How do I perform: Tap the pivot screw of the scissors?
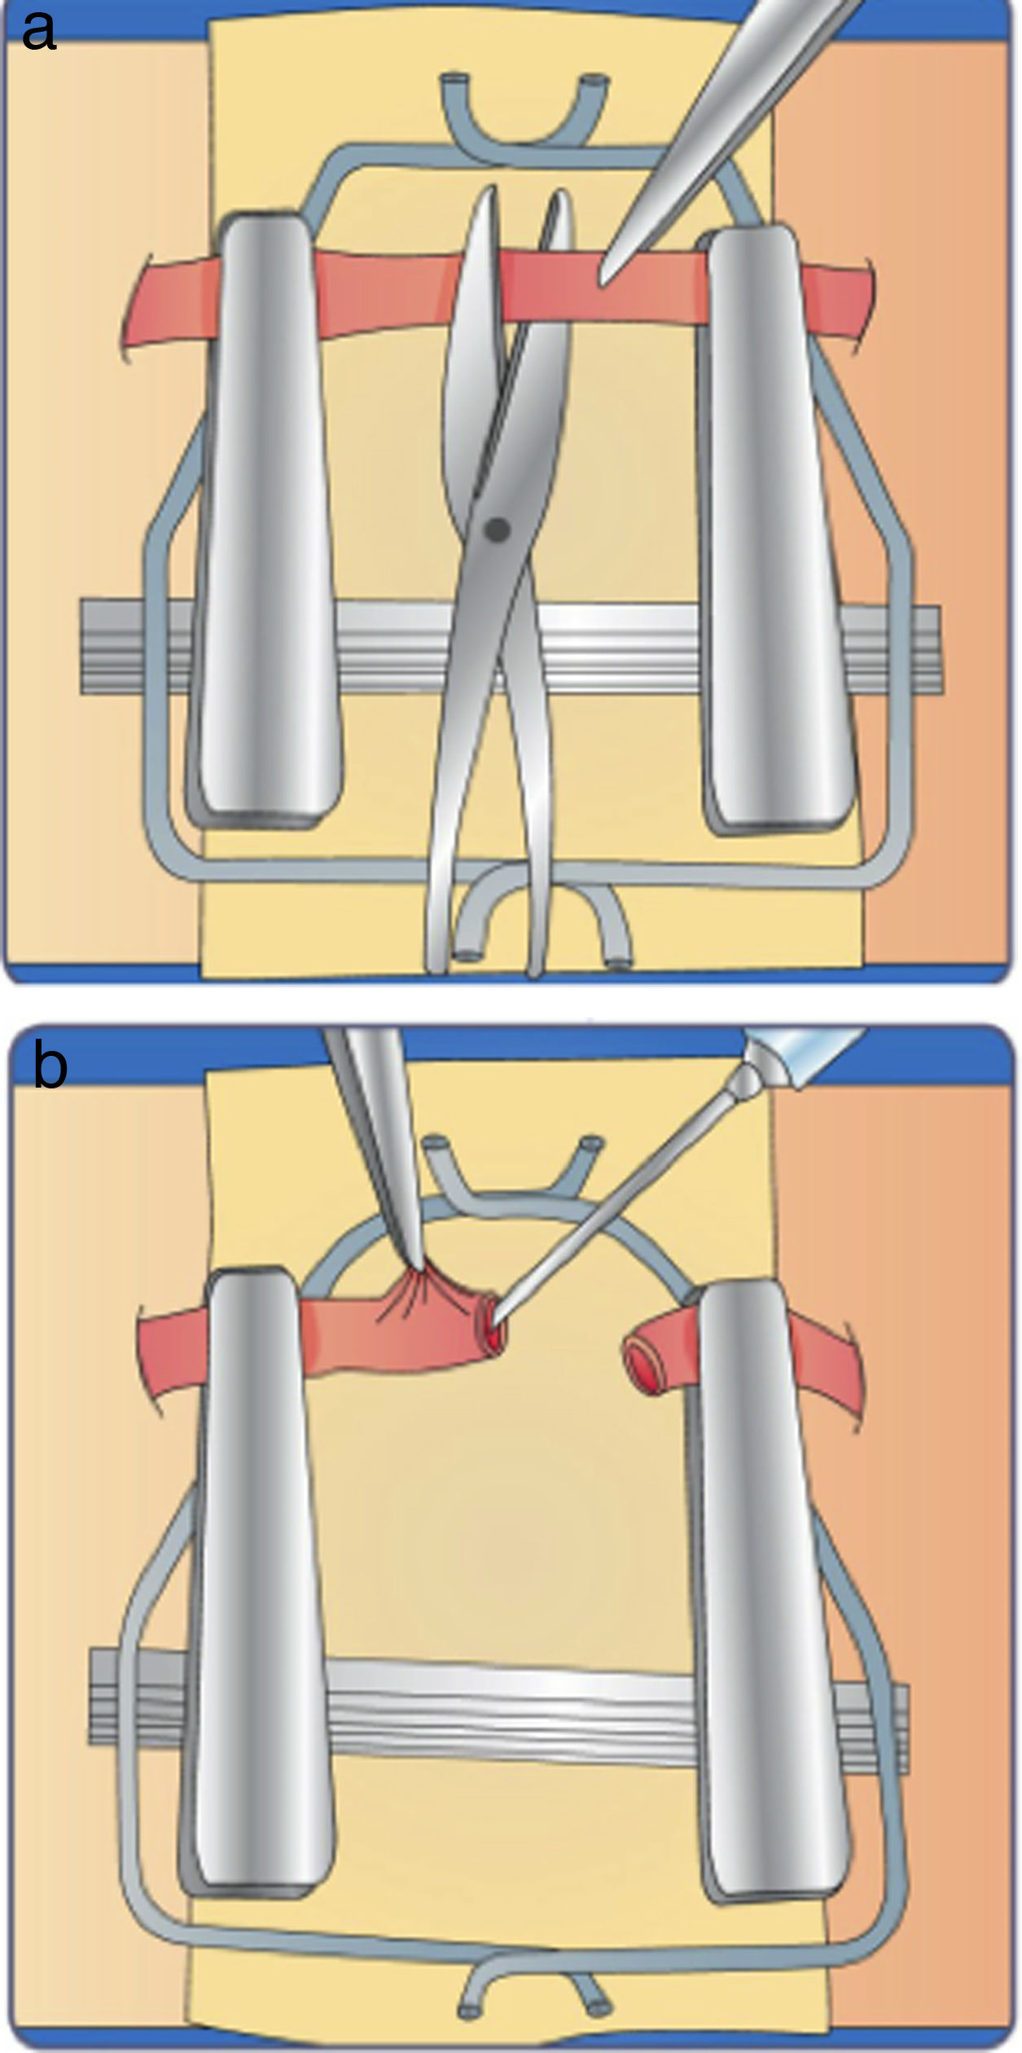click(x=497, y=530)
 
